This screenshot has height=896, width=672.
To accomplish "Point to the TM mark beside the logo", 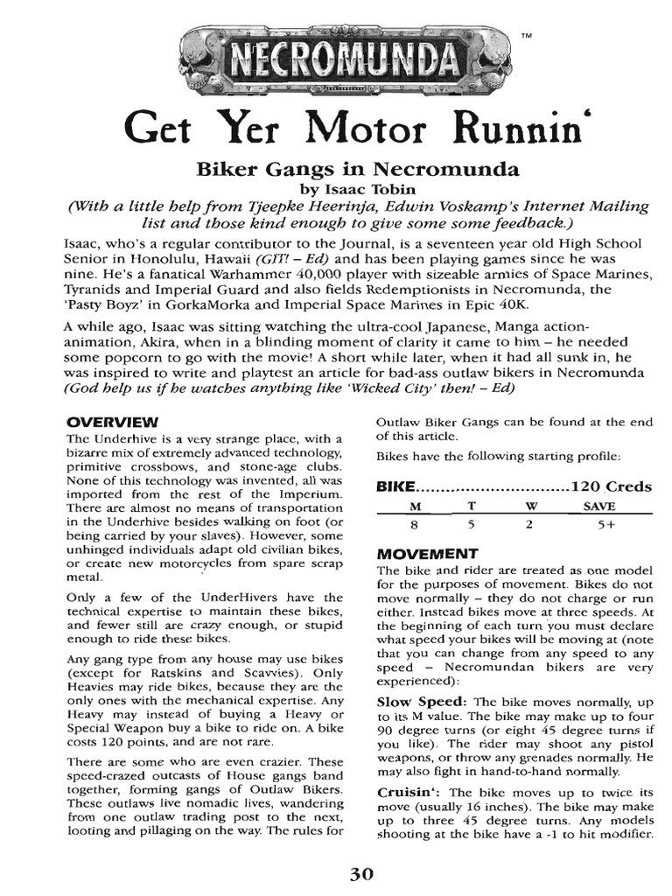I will (x=525, y=36).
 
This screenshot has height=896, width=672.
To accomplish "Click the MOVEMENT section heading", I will (x=426, y=554).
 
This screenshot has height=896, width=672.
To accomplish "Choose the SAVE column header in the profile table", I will (x=599, y=507).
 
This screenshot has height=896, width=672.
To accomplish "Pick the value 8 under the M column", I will (x=416, y=525).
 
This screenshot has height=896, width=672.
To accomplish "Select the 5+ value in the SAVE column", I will (x=599, y=525).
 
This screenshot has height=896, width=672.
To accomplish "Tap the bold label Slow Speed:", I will (x=423, y=702).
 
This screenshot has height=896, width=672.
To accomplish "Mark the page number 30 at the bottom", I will (x=361, y=872).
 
